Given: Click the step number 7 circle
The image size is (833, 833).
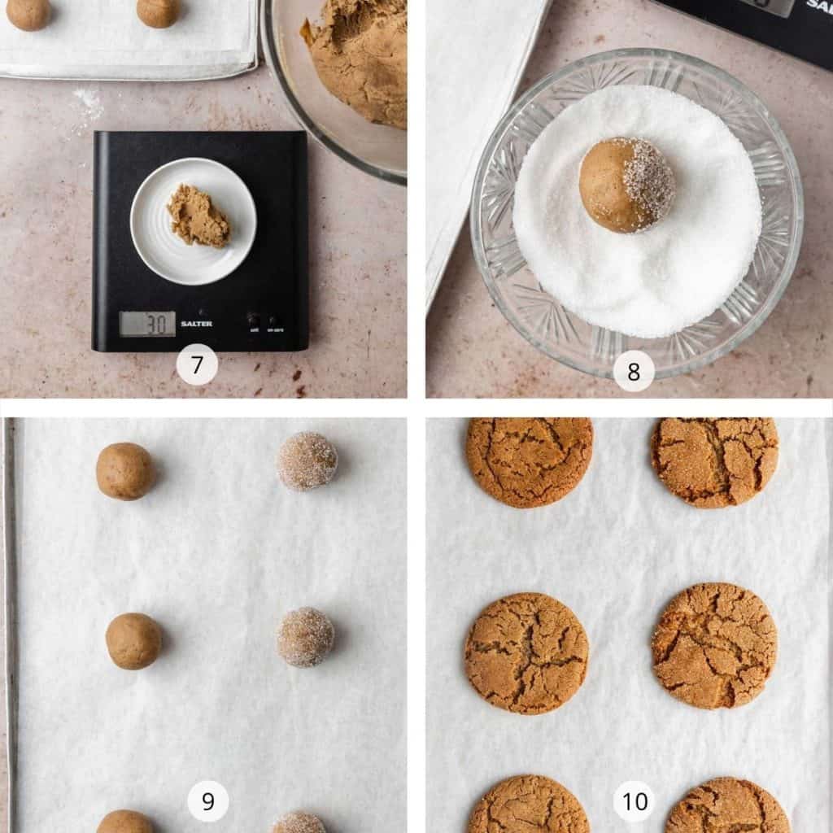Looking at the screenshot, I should (x=197, y=365).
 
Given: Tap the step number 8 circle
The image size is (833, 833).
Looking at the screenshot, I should (x=634, y=372).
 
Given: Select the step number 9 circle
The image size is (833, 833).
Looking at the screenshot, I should (x=207, y=801).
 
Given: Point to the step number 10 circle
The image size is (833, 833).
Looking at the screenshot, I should (x=634, y=801).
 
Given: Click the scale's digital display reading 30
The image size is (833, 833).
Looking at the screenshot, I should (x=147, y=323).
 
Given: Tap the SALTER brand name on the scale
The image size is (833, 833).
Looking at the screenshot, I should (x=196, y=324).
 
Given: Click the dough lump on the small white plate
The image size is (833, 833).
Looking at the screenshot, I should (x=198, y=216).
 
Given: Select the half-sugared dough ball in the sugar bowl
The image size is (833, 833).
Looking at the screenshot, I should (x=626, y=185).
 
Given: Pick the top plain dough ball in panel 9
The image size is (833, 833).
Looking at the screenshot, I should (x=124, y=471).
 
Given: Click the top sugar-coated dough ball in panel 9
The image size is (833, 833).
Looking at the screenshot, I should (x=307, y=461).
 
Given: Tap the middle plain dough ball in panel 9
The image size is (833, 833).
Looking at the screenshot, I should (x=133, y=641).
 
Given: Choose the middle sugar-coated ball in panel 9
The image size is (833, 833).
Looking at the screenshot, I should (x=305, y=636).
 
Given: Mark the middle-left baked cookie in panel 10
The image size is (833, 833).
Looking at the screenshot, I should (x=526, y=652).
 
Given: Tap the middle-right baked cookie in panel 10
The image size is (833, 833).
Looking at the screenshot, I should (x=714, y=645).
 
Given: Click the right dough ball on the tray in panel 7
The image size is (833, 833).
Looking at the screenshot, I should (x=158, y=11).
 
